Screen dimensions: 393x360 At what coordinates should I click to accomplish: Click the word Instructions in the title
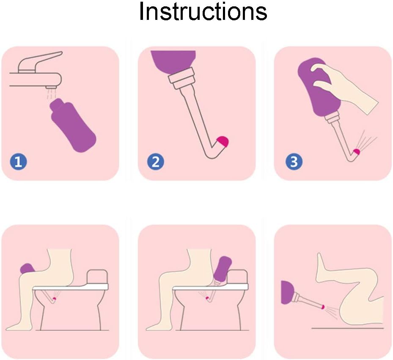pyautogui.click(x=203, y=11)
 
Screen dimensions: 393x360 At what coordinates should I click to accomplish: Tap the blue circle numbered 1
pyautogui.click(x=18, y=162)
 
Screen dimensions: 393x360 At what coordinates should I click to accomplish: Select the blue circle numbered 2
pyautogui.click(x=156, y=162)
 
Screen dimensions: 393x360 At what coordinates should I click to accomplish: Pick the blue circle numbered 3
pyautogui.click(x=294, y=162)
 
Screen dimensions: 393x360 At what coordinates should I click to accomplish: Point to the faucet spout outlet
pyautogui.click(x=51, y=87)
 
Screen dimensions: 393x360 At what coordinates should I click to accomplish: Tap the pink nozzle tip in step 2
pyautogui.click(x=223, y=141)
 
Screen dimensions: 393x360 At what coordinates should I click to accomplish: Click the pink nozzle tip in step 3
pyautogui.click(x=357, y=152)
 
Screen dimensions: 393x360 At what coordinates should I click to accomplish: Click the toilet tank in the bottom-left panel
pyautogui.click(x=97, y=277)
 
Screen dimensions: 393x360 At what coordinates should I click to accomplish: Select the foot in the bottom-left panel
pyautogui.click(x=19, y=326)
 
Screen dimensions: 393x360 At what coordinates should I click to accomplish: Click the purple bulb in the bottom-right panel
pyautogui.click(x=288, y=292)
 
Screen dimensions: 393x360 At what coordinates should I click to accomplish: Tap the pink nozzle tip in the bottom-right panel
pyautogui.click(x=323, y=307)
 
